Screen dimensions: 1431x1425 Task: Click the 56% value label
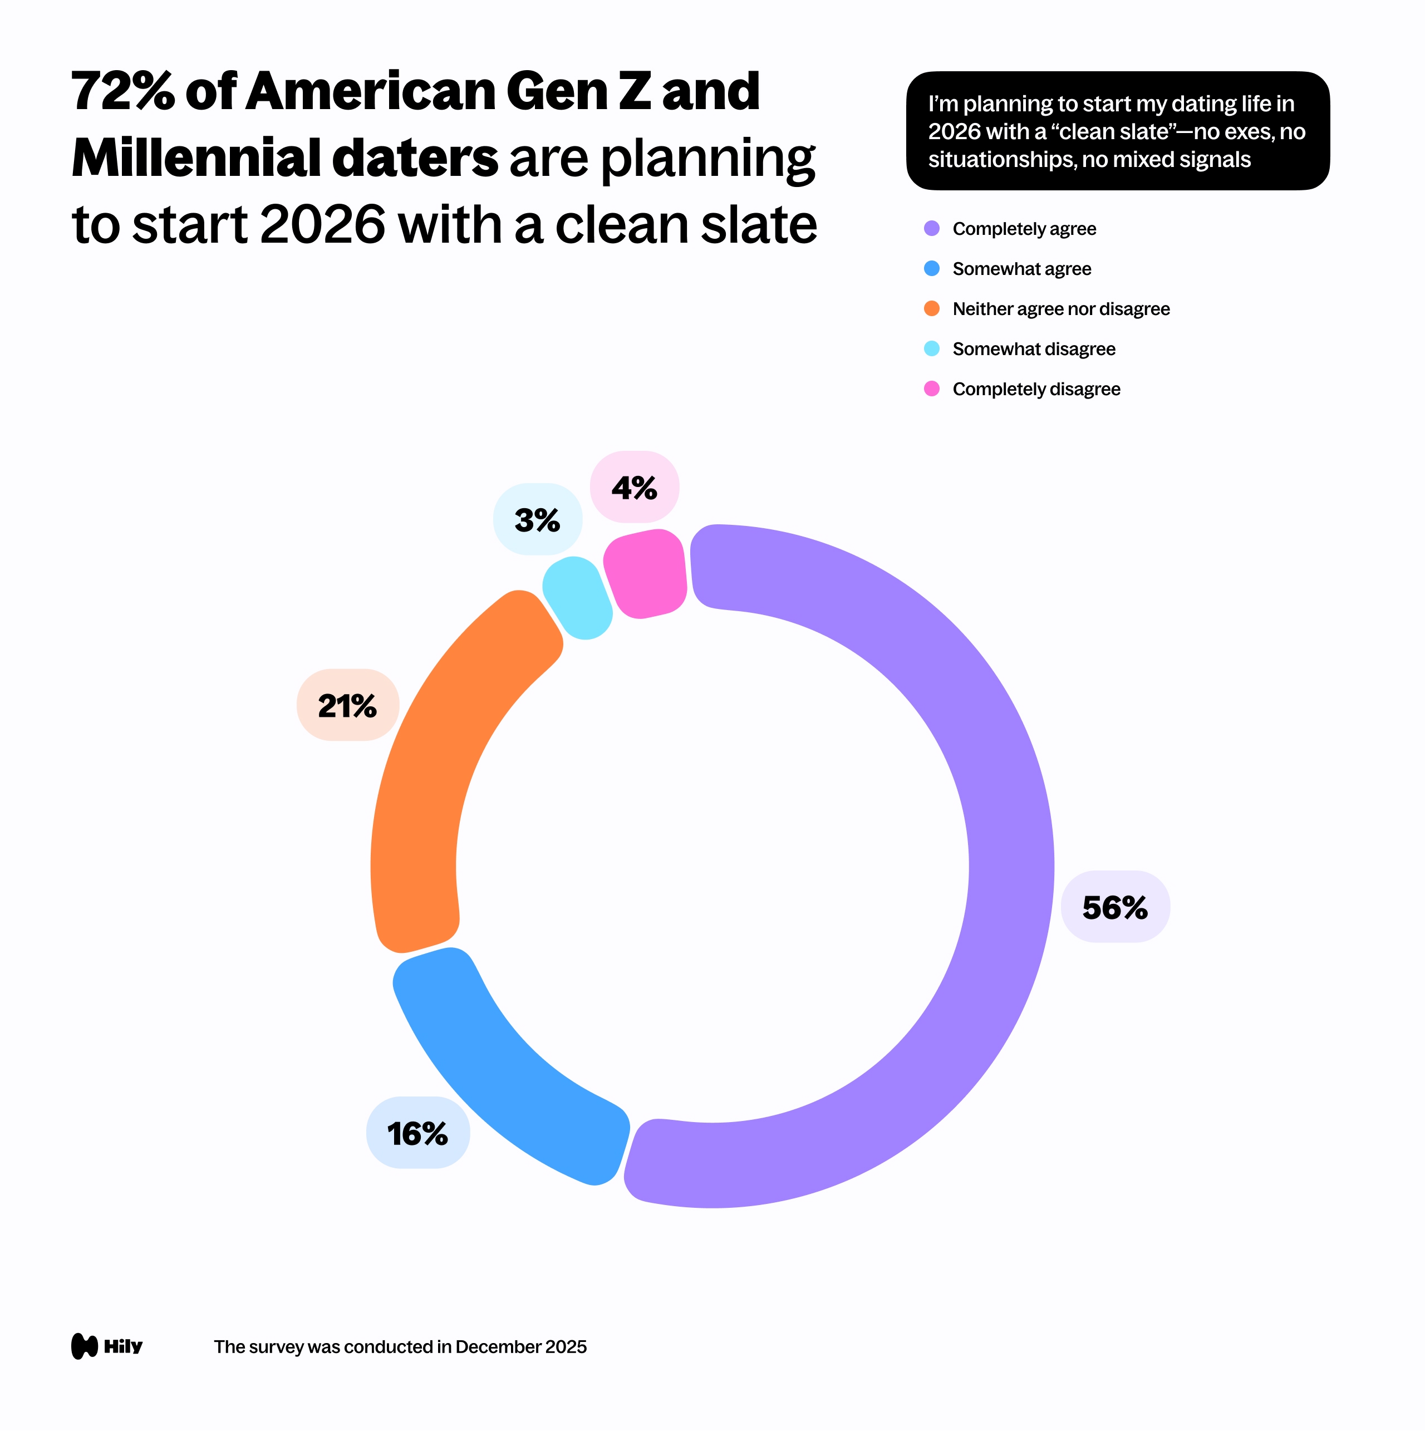1114,907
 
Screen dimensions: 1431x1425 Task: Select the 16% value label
417,1133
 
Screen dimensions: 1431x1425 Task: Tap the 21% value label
347,706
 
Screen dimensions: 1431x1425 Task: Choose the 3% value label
537,520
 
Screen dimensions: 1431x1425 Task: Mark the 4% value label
634,488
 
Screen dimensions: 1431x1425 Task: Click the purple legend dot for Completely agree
932,229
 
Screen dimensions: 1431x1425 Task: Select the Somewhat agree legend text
1021,269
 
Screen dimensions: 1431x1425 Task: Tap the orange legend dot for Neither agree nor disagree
932,309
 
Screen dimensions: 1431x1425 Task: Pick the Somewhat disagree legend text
1033,349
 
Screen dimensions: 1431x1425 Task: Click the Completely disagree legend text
1036,389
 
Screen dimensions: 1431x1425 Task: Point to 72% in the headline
123,92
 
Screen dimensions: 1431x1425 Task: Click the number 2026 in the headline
323,224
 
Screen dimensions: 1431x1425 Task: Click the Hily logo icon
85,1346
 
